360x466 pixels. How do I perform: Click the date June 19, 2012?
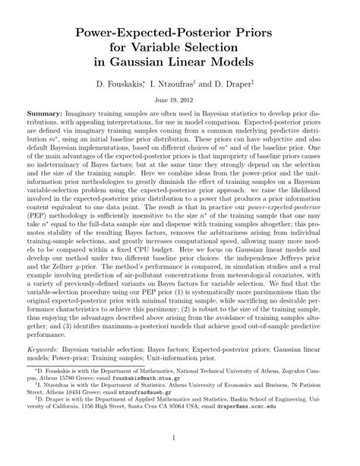click(179, 100)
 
